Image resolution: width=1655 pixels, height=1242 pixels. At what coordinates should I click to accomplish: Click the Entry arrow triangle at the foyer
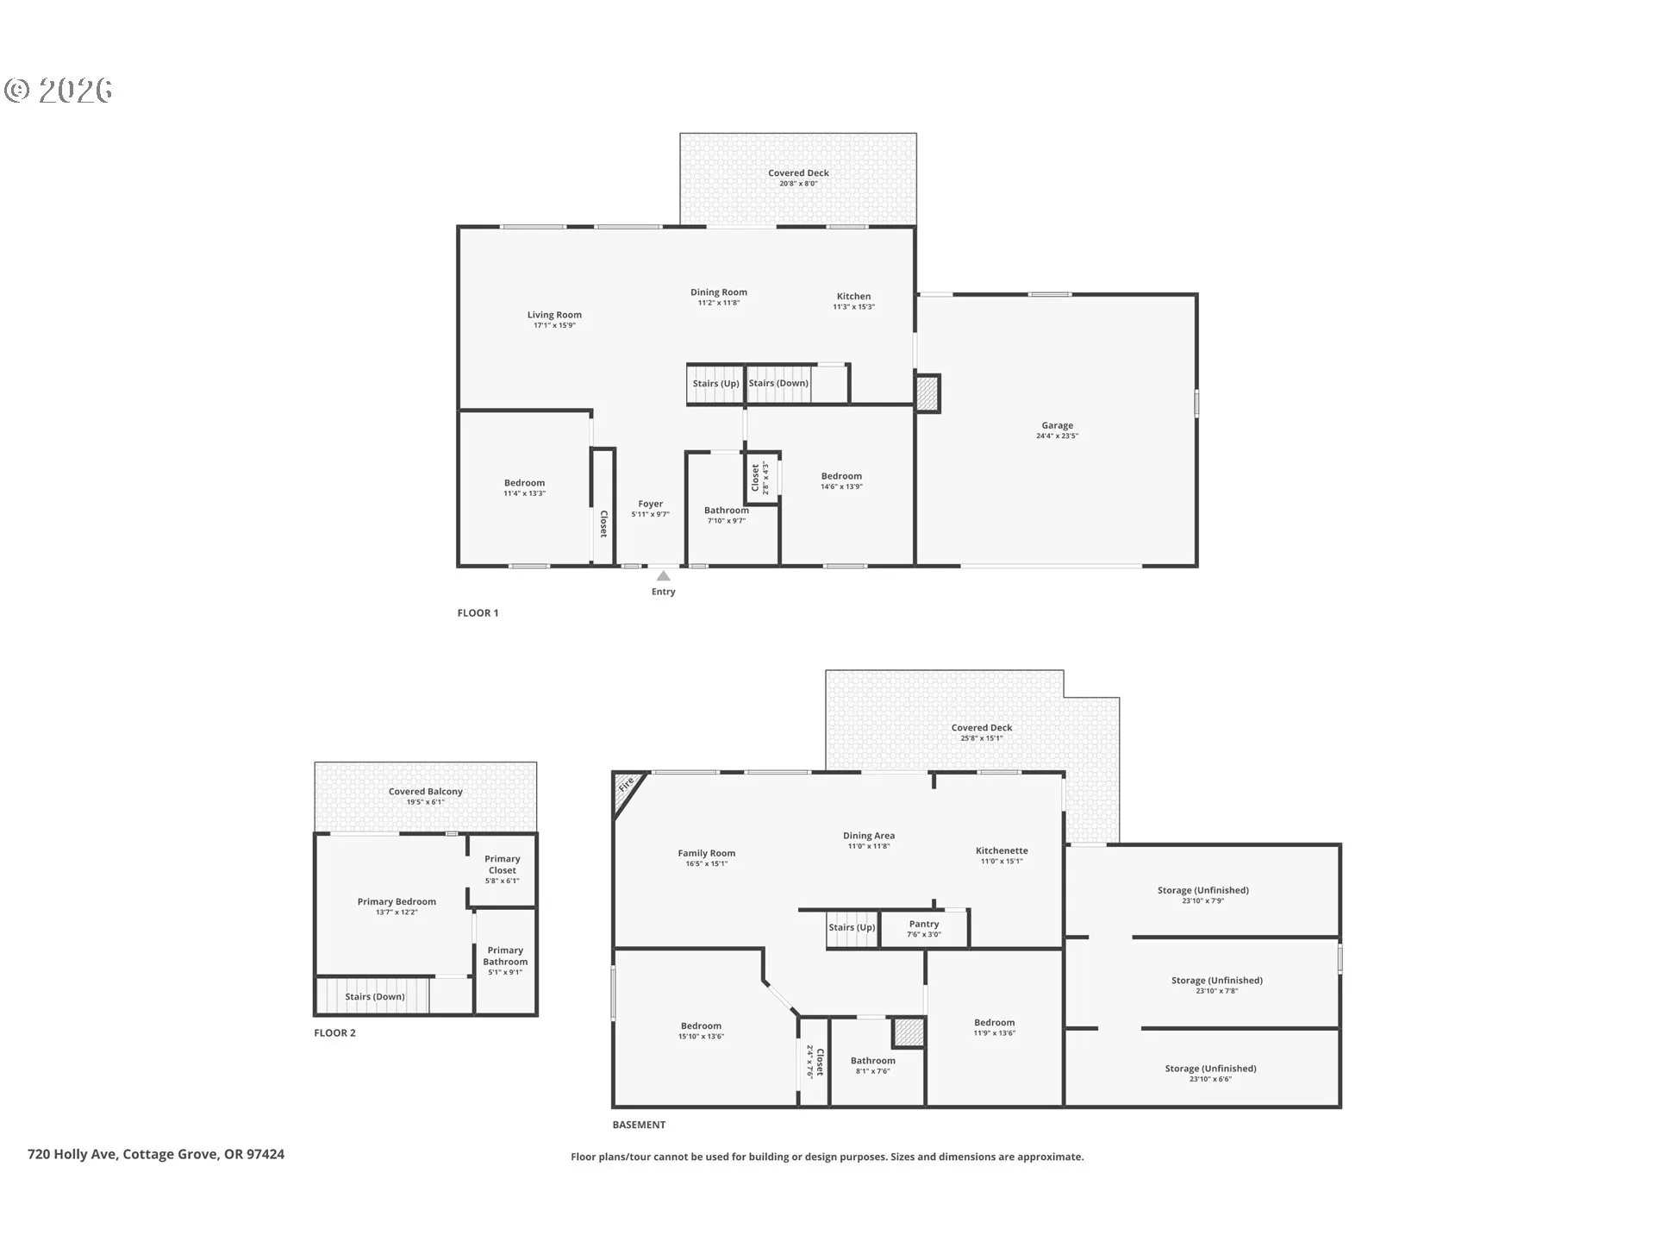[x=663, y=575]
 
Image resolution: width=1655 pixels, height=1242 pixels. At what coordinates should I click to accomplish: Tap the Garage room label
[x=1057, y=425]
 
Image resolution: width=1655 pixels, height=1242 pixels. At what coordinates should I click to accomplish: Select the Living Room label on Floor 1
[x=554, y=315]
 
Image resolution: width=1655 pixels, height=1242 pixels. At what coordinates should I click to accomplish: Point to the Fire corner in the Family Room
[x=626, y=786]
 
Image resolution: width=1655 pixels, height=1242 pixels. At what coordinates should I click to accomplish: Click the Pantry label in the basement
[x=924, y=924]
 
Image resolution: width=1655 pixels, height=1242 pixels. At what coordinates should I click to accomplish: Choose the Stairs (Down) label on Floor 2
[x=375, y=996]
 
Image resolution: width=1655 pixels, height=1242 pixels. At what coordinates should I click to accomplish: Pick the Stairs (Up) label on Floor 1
[x=716, y=383]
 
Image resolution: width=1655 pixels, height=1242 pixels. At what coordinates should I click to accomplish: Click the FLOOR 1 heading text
[x=478, y=613]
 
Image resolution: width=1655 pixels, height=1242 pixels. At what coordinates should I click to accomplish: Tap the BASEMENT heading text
[x=639, y=1125]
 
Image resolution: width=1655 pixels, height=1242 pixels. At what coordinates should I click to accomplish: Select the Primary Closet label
[x=503, y=864]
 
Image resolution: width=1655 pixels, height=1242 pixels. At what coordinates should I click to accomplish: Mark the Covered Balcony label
[x=426, y=791]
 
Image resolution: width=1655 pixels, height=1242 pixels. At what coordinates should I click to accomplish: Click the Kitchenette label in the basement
[x=1002, y=850]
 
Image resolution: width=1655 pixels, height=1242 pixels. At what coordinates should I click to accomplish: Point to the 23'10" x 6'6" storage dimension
[x=1211, y=1079]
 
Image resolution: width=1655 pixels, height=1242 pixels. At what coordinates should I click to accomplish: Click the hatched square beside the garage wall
[x=927, y=393]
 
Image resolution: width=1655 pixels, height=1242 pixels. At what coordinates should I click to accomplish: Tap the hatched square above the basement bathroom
[x=908, y=1032]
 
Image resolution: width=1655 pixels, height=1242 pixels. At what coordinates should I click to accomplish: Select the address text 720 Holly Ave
[x=72, y=1154]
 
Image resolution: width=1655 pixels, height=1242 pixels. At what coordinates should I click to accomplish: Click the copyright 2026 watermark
[x=59, y=91]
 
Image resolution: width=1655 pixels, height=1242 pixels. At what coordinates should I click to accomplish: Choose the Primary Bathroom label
[x=505, y=956]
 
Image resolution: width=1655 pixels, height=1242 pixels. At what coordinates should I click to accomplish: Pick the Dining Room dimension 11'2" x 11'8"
[x=719, y=303]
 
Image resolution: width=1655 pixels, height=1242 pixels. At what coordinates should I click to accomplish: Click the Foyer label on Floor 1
[x=651, y=504]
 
